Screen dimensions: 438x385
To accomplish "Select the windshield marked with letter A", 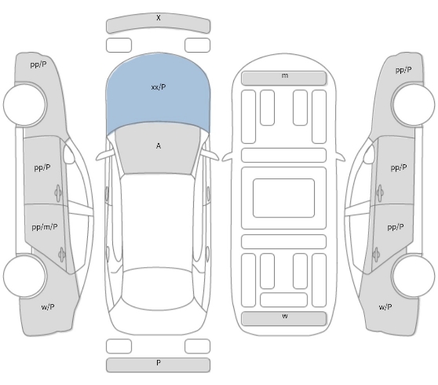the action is [158, 149].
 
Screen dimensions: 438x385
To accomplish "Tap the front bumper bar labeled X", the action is [158, 24].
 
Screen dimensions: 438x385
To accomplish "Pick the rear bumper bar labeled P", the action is [158, 365].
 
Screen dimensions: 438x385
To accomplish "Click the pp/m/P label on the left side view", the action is [45, 227].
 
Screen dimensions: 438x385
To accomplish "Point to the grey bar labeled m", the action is [284, 78].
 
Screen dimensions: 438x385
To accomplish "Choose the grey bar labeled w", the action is [284, 318].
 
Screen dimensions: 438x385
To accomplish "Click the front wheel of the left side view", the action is [25, 104].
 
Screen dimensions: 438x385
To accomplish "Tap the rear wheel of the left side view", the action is [25, 276].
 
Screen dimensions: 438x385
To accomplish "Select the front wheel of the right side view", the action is [413, 104].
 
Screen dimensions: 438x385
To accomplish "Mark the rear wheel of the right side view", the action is [413, 276].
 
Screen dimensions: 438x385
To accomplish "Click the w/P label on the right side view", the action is [385, 307].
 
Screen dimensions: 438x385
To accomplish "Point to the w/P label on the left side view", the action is [48, 307].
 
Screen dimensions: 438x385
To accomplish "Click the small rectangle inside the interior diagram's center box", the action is [284, 198].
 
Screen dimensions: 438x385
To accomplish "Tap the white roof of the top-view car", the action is [158, 221].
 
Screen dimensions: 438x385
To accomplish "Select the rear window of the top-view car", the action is [158, 288].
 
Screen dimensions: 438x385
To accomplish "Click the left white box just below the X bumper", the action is [119, 45].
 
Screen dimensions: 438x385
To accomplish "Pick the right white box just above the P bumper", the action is [197, 346].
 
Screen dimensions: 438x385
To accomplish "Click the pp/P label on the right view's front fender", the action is [403, 70].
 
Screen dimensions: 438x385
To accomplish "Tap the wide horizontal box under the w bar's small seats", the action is [284, 299].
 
